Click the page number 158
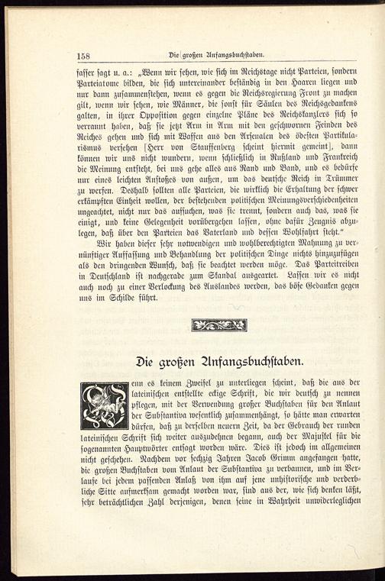pos(85,55)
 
